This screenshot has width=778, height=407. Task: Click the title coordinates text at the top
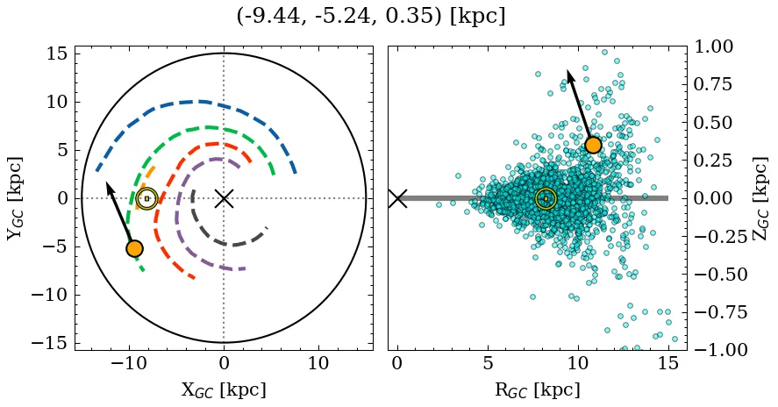tap(371, 17)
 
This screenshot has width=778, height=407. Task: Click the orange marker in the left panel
tap(134, 248)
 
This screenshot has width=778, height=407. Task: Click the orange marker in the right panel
tap(593, 145)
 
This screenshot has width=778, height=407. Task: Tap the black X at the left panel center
tap(224, 198)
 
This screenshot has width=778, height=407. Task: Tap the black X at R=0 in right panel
tap(397, 198)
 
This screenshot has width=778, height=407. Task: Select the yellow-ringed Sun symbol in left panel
tap(146, 198)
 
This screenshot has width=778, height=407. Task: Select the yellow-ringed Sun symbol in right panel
tap(546, 198)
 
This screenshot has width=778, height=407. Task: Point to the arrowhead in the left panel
tap(108, 184)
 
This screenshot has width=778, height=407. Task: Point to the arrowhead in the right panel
tap(568, 73)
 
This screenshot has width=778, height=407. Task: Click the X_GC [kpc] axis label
tap(224, 390)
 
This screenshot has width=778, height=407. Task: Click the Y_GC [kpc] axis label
tap(14, 198)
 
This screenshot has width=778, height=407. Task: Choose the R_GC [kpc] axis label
tap(537, 390)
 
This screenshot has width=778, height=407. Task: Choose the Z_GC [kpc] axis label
tap(761, 198)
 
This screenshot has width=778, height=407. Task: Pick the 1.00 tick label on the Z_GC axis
tap(718, 46)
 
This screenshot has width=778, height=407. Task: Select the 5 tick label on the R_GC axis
tap(488, 364)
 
